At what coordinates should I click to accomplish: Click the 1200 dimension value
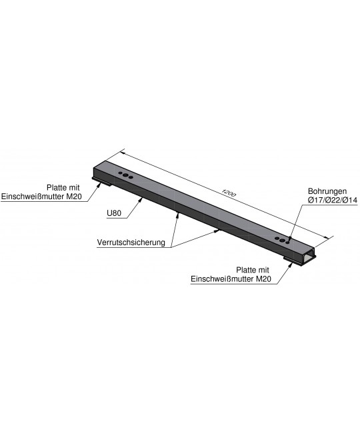pos(229,193)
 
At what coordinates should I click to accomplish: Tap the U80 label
pos(114,213)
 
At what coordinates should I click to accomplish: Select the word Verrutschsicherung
pos(131,242)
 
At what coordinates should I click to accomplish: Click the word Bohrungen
pos(327,191)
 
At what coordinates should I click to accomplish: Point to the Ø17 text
pos(315,200)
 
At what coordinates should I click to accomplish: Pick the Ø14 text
pos(350,200)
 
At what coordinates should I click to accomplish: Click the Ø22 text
pos(333,200)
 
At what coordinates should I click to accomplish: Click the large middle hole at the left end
pos(125,175)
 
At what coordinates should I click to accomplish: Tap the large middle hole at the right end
pos(282,240)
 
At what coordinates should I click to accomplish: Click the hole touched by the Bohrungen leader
pos(287,242)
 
